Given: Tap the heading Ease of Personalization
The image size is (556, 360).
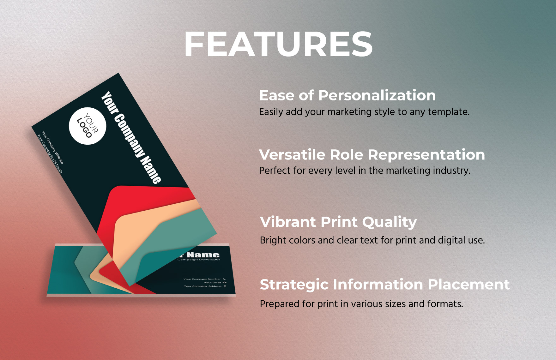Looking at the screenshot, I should pos(347,95).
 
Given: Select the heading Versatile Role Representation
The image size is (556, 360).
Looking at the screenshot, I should pos(372,155).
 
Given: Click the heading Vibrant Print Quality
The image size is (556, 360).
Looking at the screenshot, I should pos(338,222).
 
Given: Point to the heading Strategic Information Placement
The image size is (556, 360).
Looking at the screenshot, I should pos(384,285).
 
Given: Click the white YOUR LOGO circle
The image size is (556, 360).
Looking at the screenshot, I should pos(88,126).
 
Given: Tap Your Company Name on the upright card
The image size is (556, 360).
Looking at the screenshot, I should pos(131,137).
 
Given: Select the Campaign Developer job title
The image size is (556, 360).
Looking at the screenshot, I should pos(199,260).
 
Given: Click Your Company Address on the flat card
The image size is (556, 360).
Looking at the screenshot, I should pos(202,286).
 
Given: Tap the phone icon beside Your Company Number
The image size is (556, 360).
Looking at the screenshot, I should pos(224,279).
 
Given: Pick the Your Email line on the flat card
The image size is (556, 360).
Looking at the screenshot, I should pos(212,283).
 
